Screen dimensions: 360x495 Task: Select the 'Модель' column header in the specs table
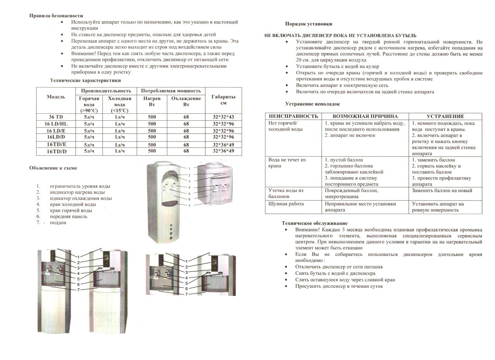coord(56,97)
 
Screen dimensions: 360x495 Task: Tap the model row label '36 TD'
coord(56,117)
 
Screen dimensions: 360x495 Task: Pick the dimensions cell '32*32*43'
coord(223,117)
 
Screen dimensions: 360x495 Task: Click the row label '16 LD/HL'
coord(56,124)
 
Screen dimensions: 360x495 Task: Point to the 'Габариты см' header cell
coord(223,100)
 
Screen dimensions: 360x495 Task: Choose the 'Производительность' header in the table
coord(106,91)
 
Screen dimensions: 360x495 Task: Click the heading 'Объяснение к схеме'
coord(53,168)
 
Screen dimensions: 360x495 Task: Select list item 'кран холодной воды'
coord(73,204)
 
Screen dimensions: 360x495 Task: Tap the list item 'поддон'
coord(58,222)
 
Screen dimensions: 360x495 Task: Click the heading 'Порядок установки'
coord(309,24)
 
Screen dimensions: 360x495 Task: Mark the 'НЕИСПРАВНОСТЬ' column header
coord(293,116)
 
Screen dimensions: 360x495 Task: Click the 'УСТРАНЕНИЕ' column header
coord(445,116)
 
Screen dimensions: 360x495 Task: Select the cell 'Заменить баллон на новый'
coord(442,190)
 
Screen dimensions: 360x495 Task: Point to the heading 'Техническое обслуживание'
coord(315,223)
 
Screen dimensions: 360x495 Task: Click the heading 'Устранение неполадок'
coord(312,104)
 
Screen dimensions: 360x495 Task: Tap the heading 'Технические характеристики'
coord(85,80)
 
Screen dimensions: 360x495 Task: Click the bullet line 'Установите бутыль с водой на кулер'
coord(337,66)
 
